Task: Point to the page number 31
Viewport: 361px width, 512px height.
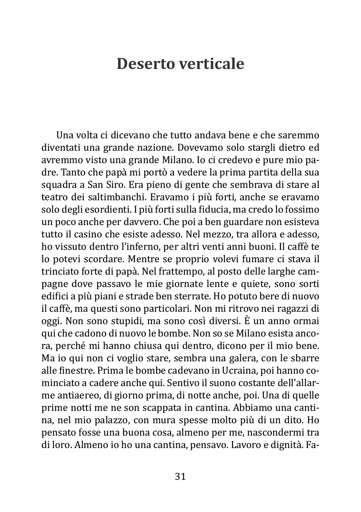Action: click(180, 476)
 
